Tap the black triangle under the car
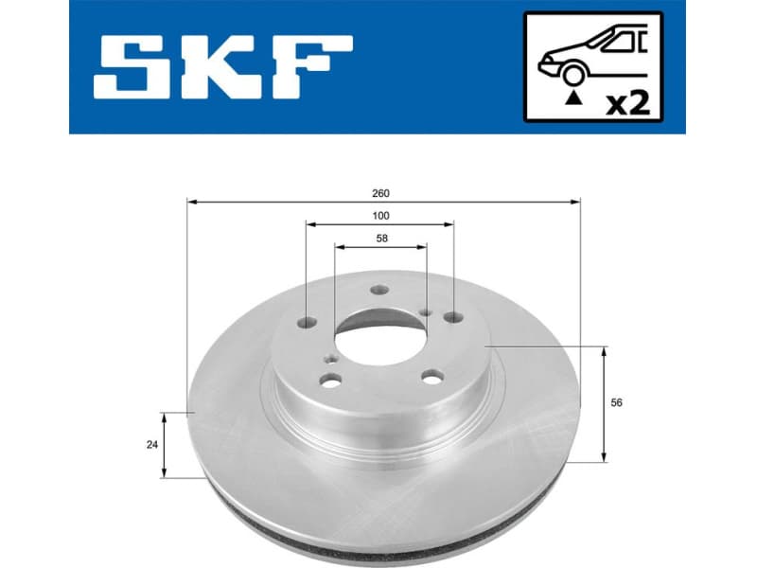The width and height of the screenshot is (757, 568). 571,97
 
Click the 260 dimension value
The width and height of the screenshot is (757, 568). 380,192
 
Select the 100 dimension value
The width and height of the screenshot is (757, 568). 380,216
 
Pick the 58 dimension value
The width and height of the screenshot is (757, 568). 380,239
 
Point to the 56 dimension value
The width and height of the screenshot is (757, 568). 616,403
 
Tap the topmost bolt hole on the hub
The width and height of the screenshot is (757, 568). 379,292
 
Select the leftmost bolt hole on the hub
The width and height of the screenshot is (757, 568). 307,322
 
